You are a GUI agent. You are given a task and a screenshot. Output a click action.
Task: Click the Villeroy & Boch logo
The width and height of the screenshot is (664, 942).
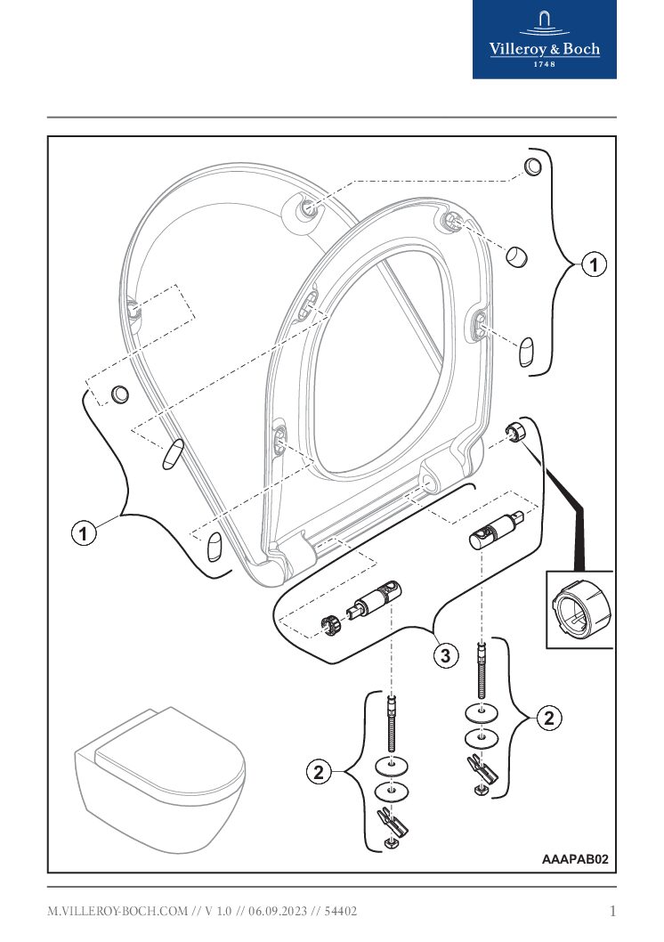click(544, 39)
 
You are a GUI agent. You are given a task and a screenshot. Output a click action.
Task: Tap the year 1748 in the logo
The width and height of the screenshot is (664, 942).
click(545, 64)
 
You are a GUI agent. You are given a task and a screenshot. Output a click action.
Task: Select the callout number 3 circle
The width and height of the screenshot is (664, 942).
click(446, 656)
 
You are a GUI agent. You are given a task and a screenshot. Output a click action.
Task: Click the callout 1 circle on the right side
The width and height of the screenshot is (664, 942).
click(594, 264)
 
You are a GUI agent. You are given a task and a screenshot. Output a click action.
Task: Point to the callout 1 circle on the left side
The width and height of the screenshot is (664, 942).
click(84, 533)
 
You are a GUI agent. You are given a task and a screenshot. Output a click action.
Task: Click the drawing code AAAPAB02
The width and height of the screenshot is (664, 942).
click(575, 859)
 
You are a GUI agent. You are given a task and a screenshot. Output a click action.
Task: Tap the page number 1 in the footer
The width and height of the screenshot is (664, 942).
click(612, 911)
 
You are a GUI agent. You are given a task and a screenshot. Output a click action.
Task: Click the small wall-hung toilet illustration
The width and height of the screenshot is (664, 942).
click(159, 777)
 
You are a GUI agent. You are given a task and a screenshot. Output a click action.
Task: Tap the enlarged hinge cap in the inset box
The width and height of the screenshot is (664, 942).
click(579, 612)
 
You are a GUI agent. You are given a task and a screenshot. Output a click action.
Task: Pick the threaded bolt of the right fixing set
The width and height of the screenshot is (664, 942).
click(482, 670)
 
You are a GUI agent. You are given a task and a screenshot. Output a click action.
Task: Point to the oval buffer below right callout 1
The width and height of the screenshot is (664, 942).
click(526, 351)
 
